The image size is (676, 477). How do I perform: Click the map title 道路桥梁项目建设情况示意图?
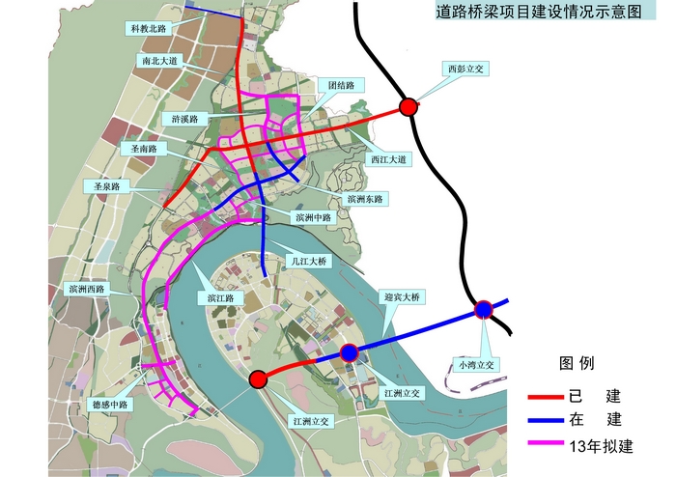click(538, 12)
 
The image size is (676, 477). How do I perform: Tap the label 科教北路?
click(150, 29)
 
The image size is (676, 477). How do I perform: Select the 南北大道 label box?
click(158, 60)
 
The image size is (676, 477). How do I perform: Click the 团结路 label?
click(341, 85)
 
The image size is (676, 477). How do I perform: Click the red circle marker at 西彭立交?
click(408, 106)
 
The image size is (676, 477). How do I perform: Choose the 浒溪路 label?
click(185, 119)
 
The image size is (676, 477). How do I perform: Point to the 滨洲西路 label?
click(86, 288)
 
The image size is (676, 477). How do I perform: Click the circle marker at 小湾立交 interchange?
click(484, 310)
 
